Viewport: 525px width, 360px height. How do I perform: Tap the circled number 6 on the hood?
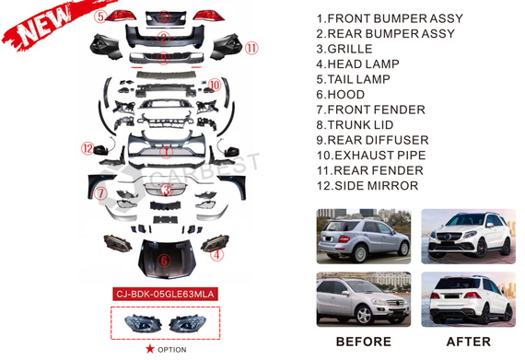(164, 261)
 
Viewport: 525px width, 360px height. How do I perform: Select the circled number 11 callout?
(251, 48)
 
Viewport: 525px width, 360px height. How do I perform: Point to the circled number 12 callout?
(87, 148)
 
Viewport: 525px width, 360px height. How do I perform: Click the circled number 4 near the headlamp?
(216, 255)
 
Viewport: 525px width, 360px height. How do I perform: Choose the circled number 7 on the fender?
(100, 193)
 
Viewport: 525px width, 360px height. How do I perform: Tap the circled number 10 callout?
(215, 85)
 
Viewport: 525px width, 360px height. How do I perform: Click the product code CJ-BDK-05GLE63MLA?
(165, 294)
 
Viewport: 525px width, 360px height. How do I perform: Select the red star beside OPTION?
(149, 349)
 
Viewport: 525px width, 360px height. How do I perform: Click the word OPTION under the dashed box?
(172, 350)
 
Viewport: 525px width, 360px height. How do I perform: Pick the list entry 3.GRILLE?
(344, 49)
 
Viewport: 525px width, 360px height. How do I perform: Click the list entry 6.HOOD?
(341, 95)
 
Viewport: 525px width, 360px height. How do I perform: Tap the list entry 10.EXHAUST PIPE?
(371, 156)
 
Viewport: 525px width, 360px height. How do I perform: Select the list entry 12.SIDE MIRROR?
(367, 186)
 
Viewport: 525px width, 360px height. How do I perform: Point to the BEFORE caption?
(364, 342)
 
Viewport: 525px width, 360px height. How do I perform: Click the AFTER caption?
(469, 342)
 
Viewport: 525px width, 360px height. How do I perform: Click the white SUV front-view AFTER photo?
(469, 237)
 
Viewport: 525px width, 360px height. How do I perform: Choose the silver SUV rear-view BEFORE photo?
(364, 237)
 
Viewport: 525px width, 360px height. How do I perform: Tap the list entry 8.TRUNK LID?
(355, 125)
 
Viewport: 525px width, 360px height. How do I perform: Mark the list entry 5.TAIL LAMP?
(354, 79)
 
